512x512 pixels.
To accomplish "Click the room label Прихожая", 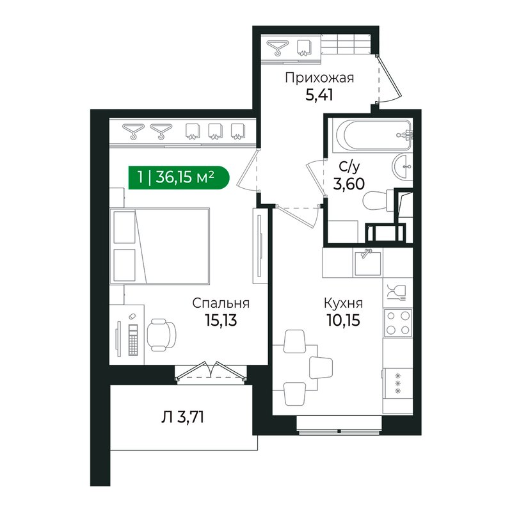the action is tap(319, 78).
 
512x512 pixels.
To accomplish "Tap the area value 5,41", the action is tap(319, 95).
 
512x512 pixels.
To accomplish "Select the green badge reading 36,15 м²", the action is tap(179, 178).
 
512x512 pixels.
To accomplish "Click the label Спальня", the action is tap(221, 303).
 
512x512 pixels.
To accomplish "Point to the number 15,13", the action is tap(221, 320).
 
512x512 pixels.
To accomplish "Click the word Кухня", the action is tap(343, 303).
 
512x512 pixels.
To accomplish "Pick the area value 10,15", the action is tap(343, 320).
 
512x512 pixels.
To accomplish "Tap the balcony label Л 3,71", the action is tap(183, 417).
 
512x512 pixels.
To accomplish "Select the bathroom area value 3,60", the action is tap(349, 184).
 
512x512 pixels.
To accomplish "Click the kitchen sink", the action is tap(368, 262).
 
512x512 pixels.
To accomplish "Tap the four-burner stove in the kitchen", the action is tap(397, 323).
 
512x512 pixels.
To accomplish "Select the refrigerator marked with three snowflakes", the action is tap(397, 383).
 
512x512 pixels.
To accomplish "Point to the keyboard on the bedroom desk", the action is tap(133, 340).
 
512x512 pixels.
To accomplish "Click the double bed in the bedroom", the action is tap(159, 246).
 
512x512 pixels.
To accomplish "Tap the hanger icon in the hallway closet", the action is tap(278, 47).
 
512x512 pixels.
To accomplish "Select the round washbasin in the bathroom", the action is tap(403, 166).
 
